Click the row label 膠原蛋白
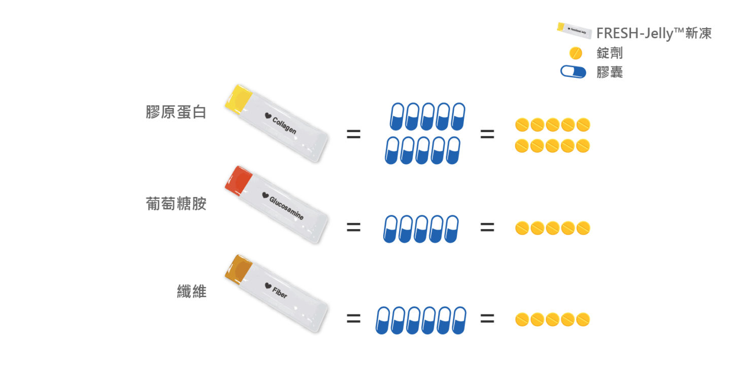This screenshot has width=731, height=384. tap(176, 112)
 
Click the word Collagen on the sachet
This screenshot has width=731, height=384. tap(284, 125)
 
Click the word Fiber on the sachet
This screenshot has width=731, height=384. tap(280, 293)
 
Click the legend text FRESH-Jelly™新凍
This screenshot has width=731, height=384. tap(654, 34)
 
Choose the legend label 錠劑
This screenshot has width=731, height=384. tap(610, 53)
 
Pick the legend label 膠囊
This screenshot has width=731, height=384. tap(610, 72)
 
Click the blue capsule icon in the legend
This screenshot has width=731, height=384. tap(573, 72)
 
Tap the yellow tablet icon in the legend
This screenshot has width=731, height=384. tap(576, 53)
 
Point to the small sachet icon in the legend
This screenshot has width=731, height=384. tap(574, 30)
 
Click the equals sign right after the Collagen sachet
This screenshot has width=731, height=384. tap(353, 135)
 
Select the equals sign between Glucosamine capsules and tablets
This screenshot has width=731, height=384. tap(487, 227)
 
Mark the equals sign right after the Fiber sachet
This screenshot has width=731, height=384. tap(353, 319)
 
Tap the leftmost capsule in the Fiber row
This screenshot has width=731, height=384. tap(383, 320)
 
